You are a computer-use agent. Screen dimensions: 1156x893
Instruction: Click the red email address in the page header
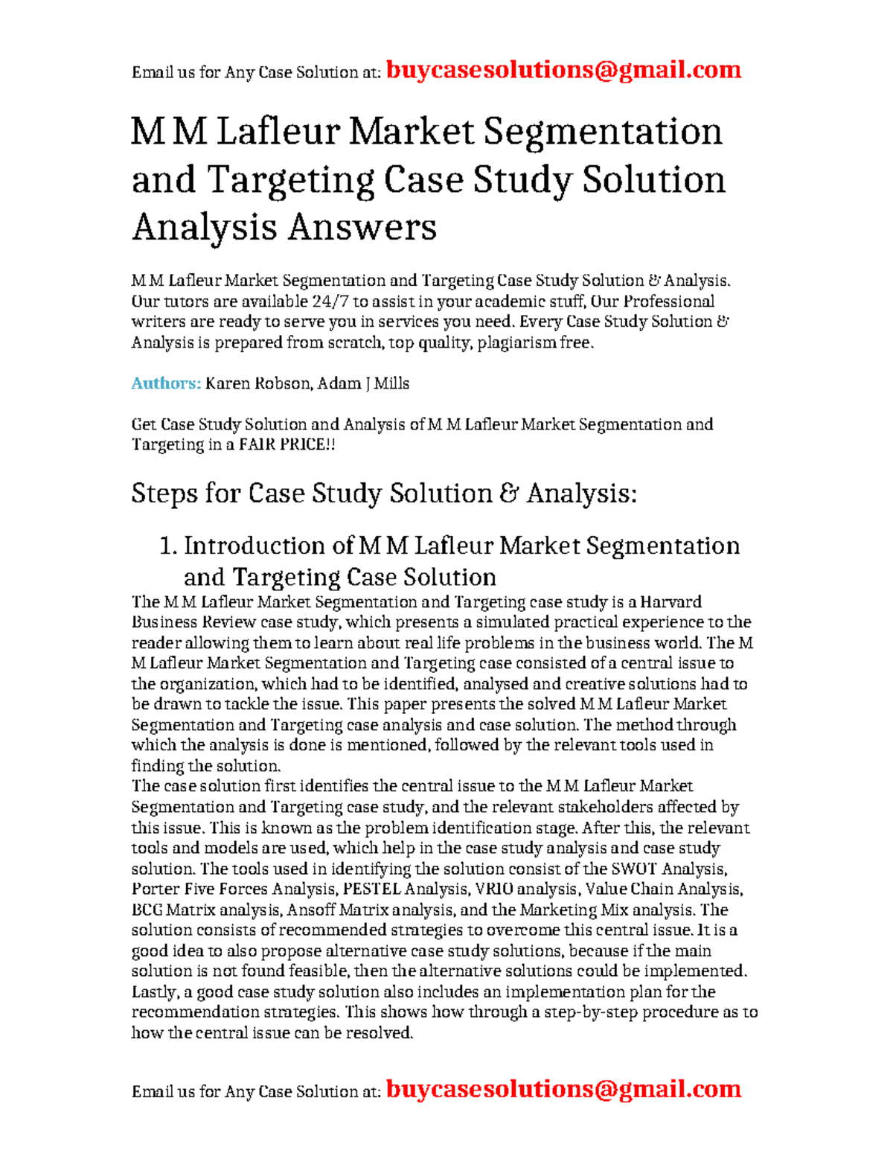tap(563, 70)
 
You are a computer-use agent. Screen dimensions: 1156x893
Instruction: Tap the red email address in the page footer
tap(563, 1089)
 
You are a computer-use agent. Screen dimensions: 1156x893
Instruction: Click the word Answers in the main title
tap(362, 227)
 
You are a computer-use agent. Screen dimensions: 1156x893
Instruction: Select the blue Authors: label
tap(166, 383)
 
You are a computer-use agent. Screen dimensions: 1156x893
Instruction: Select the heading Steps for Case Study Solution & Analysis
tap(384, 494)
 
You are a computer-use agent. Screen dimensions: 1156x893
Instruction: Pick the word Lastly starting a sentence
tap(153, 991)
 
